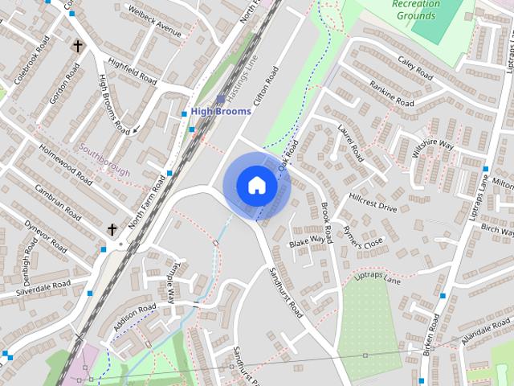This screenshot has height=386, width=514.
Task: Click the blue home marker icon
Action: pos(256,186)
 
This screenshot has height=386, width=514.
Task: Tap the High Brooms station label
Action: pos(221,111)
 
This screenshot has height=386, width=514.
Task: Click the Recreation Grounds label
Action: pos(416,9)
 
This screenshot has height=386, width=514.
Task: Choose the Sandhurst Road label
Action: pos(286,290)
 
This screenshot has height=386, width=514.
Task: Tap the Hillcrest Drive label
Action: pos(373,202)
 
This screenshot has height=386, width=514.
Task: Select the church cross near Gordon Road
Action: pos(78,46)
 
